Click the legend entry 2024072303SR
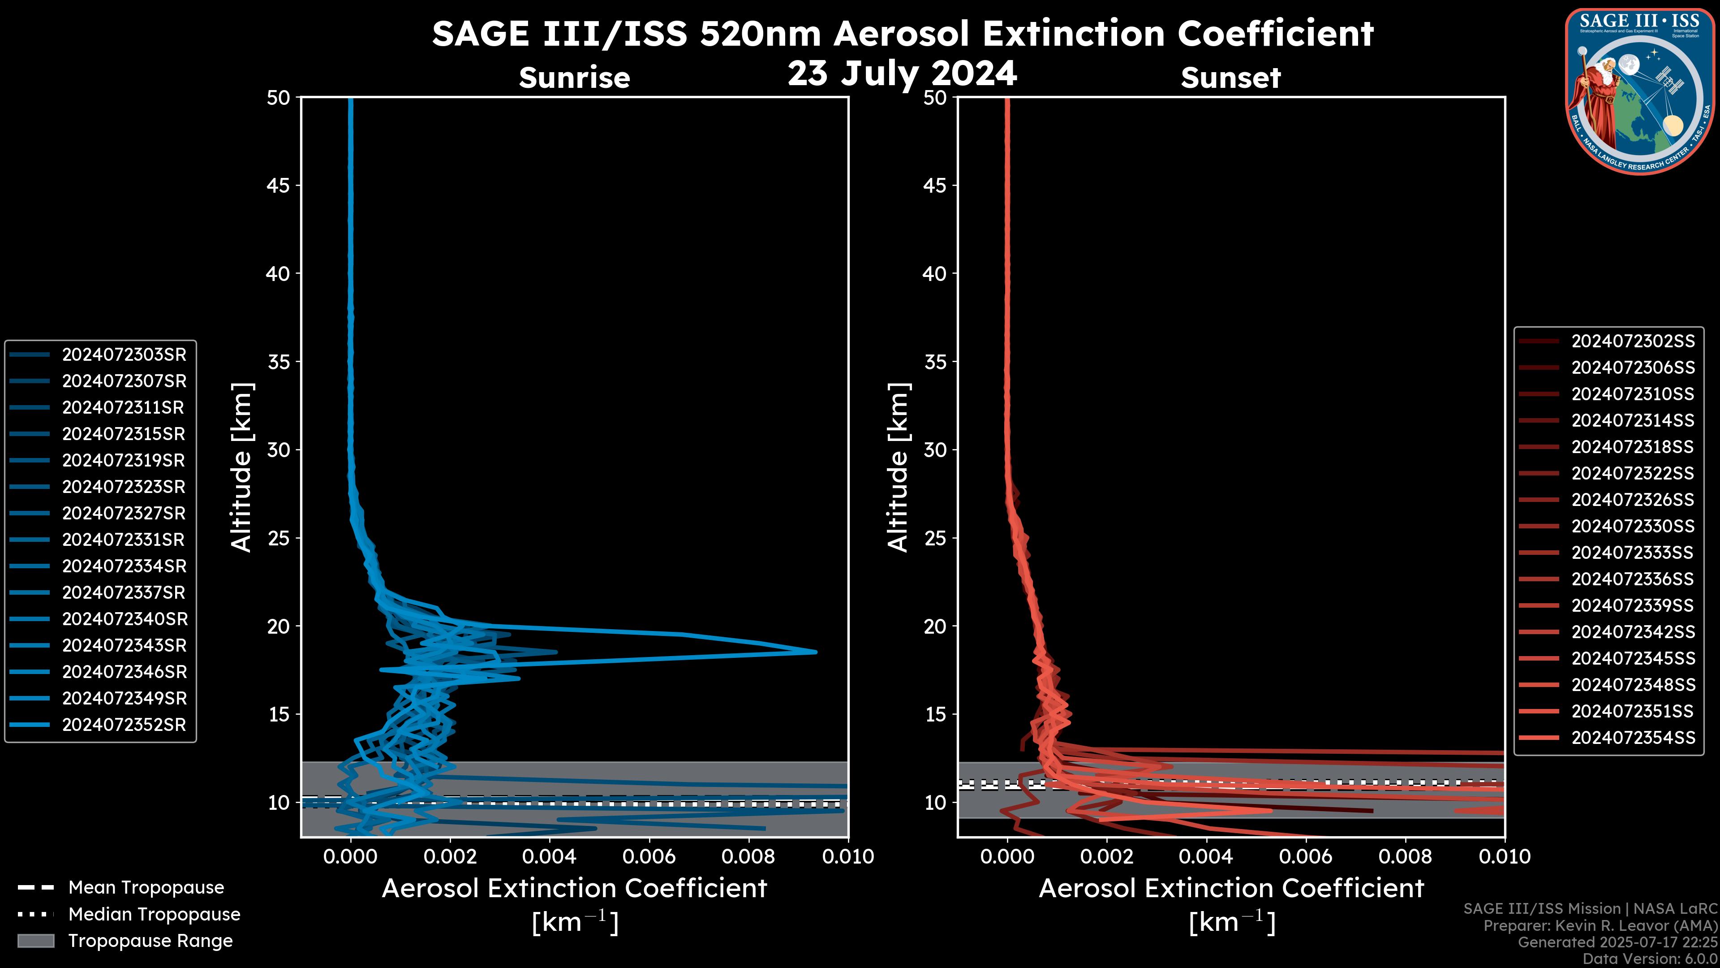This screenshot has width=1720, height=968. (124, 355)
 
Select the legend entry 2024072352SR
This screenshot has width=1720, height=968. (124, 725)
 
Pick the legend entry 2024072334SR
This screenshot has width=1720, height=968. (124, 566)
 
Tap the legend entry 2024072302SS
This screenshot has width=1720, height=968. (1633, 341)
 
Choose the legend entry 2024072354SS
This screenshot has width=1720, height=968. (1633, 738)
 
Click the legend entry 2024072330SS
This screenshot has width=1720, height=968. (1633, 527)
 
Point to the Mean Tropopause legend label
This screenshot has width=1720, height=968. (146, 888)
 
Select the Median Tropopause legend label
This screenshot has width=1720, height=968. (154, 915)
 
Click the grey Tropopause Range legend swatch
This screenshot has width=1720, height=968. (36, 941)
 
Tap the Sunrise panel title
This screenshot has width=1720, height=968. (574, 78)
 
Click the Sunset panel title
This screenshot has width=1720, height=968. (1230, 78)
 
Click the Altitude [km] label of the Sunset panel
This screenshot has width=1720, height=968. (898, 467)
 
